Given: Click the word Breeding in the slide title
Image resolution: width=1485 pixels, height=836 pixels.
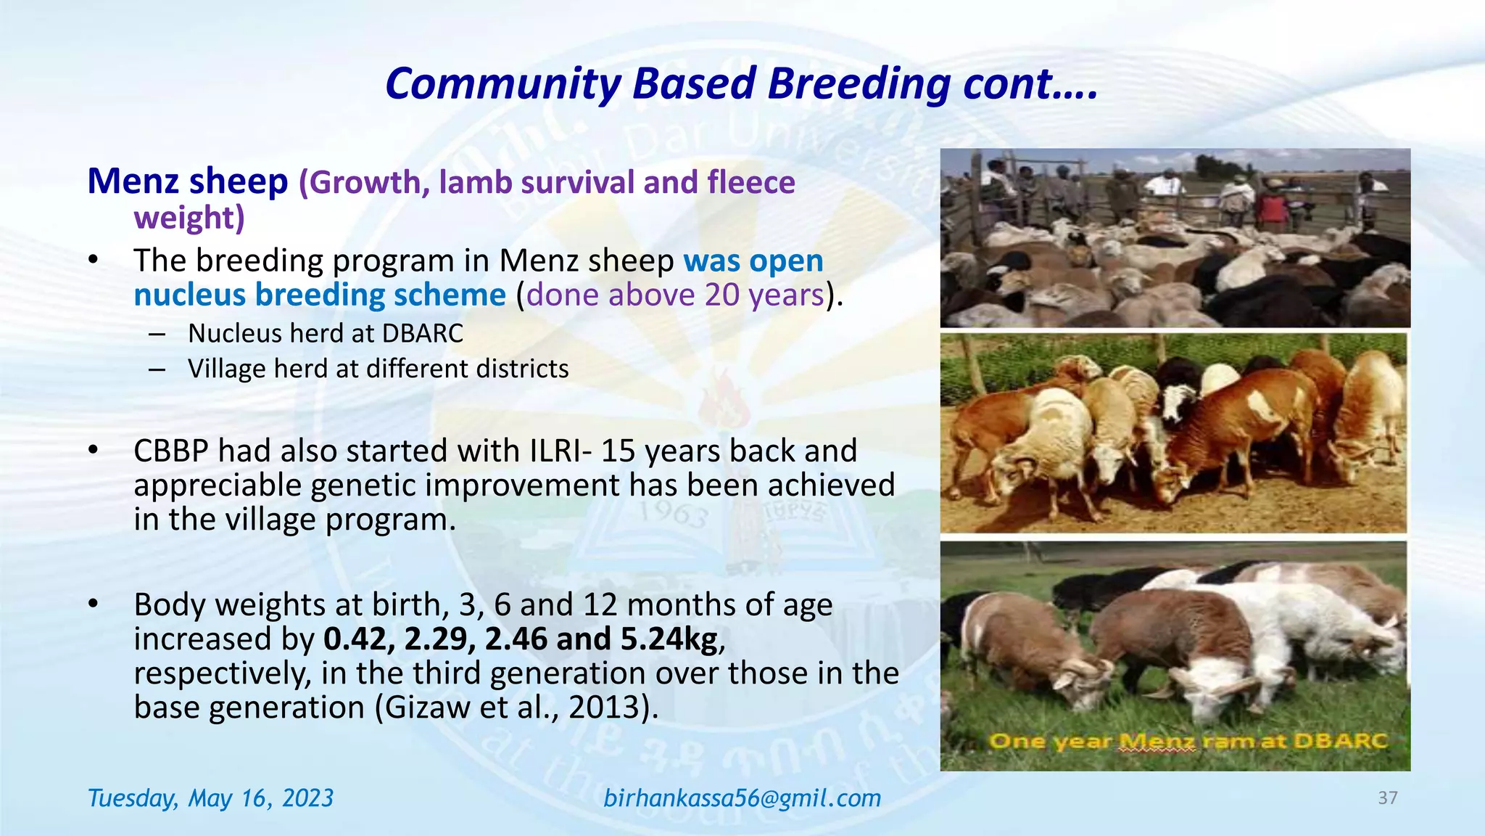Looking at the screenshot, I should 860,84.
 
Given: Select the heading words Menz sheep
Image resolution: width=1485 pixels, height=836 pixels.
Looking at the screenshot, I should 188,181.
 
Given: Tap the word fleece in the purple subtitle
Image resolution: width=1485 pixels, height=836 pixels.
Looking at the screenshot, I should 751,182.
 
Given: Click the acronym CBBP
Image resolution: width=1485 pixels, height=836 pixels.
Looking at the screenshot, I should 171,451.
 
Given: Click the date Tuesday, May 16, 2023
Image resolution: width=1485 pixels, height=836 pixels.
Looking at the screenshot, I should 210,798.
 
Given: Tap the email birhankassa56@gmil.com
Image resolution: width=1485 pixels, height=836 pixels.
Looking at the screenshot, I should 742,798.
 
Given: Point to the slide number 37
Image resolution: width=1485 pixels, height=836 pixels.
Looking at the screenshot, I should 1387,798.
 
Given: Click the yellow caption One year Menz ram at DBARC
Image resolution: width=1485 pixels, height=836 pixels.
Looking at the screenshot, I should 1188,741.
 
